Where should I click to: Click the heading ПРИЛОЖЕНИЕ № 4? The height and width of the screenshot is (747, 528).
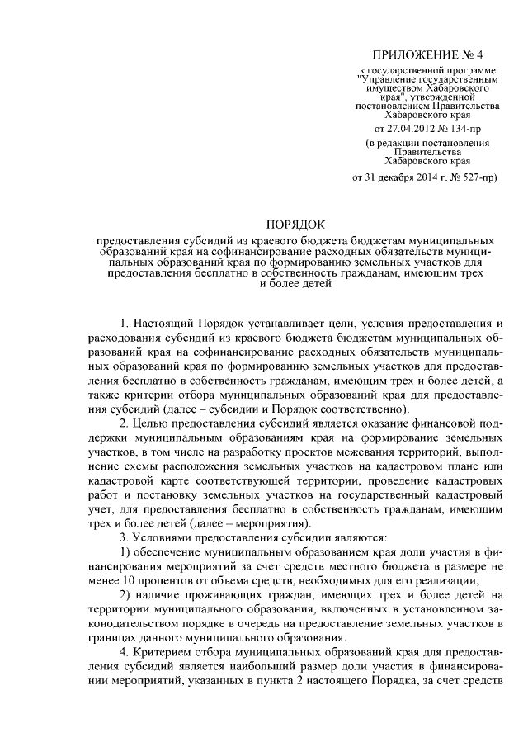coord(427,54)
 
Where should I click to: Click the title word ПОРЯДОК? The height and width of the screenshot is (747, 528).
coord(295,225)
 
